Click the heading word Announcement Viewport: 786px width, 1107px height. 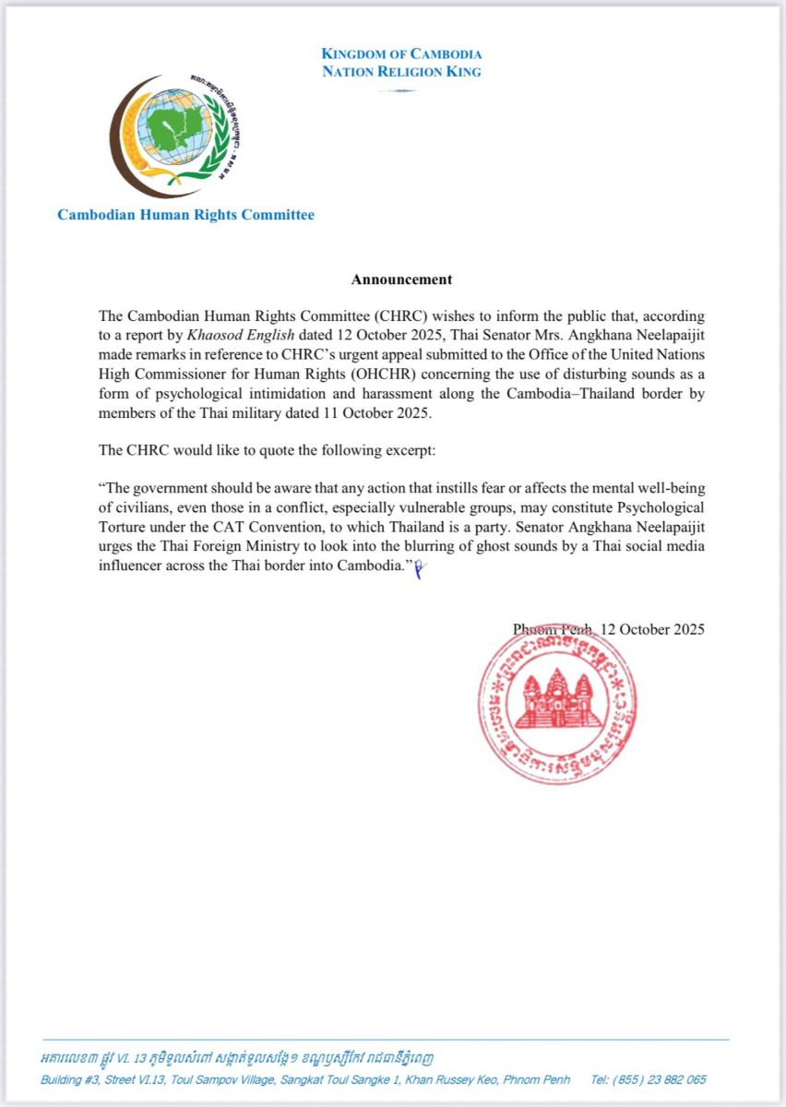(401, 279)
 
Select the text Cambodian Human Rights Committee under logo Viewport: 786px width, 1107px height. (185, 215)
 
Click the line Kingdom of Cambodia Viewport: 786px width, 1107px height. (401, 54)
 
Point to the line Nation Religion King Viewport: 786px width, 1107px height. (401, 72)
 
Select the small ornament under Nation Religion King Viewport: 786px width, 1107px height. (401, 90)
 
